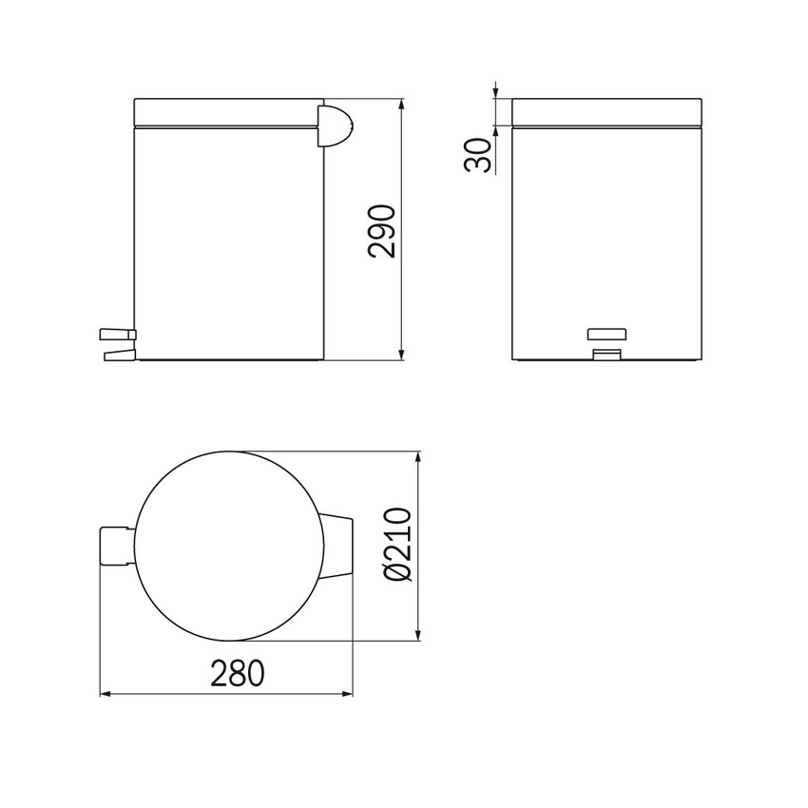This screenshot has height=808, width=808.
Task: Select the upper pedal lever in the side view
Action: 117,334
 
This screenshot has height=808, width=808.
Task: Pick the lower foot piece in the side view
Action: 117,355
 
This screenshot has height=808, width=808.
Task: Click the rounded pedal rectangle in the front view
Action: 608,334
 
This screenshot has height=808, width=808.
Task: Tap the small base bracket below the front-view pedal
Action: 606,355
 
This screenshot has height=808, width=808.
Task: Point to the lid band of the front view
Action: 607,111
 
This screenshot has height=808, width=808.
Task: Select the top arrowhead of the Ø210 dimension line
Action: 418,457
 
